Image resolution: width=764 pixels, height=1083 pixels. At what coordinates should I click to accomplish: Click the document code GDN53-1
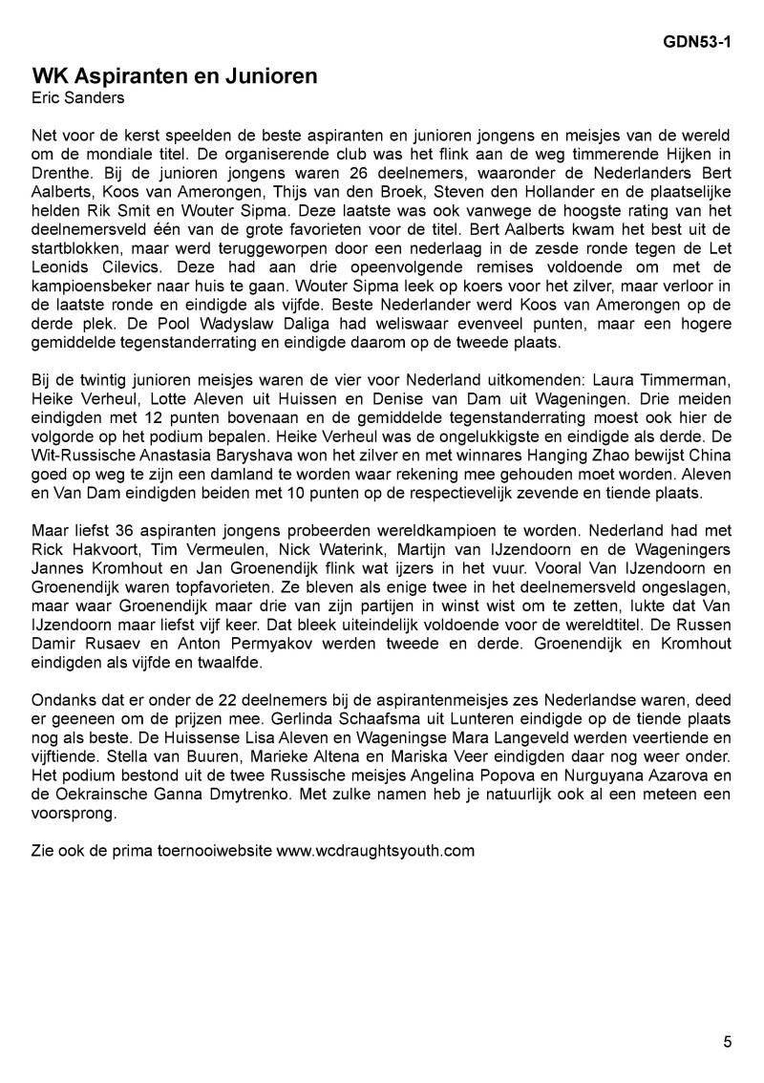(x=699, y=42)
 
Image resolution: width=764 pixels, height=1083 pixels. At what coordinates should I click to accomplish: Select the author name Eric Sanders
(x=77, y=97)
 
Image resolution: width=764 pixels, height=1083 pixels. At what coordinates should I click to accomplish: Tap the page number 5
(x=728, y=1042)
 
